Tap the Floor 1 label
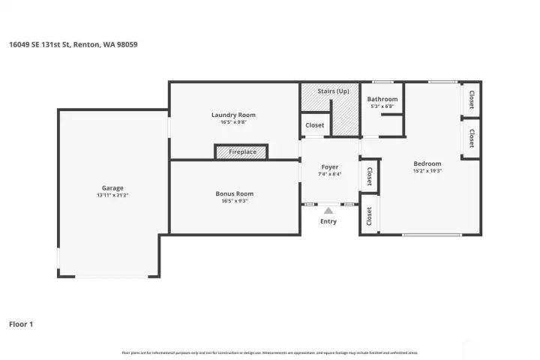tap(21, 324)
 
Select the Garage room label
tap(112, 188)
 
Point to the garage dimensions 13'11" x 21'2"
tap(112, 196)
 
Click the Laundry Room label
tap(233, 115)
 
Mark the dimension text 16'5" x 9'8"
tap(233, 122)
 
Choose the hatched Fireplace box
tap(241, 152)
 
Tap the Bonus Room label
tap(234, 193)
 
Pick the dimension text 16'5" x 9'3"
tap(234, 201)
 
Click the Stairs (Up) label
tap(334, 91)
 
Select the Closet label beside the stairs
tap(315, 125)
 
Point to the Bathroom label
tap(382, 99)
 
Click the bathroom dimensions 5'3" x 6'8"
tap(382, 106)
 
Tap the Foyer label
tap(329, 166)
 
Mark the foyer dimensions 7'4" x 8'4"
tap(329, 174)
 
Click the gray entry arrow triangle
tap(328, 211)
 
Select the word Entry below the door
tap(328, 221)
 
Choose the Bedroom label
tap(427, 163)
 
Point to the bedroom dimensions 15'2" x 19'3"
tap(427, 171)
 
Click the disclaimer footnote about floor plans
tap(269, 352)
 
